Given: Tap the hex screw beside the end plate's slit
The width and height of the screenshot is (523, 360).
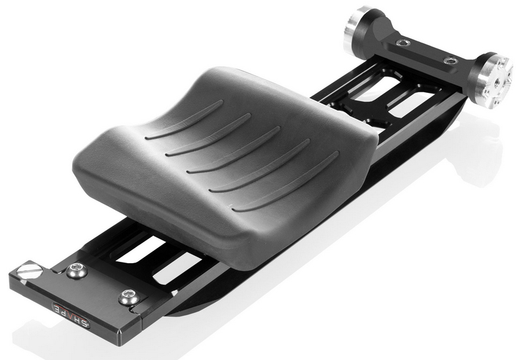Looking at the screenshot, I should click(x=129, y=298).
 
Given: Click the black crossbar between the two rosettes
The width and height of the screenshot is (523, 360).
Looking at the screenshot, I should click(x=425, y=52).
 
